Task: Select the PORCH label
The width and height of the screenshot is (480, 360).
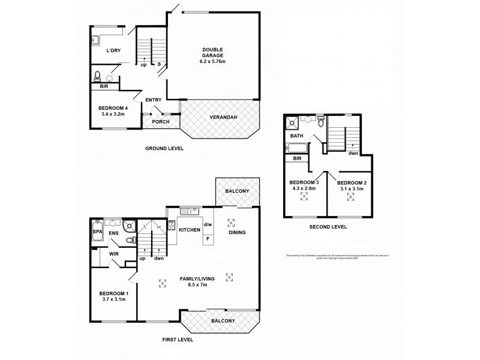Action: (160, 122)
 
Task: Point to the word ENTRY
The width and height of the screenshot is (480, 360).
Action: (153, 100)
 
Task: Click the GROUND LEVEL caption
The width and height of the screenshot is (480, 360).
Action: (164, 148)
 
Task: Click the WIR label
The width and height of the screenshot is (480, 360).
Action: (113, 254)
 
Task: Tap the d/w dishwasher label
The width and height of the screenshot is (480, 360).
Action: (208, 225)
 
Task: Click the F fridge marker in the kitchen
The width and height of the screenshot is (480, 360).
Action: (208, 238)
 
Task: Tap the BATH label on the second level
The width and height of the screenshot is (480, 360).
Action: (298, 136)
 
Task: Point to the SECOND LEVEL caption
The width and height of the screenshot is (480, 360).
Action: (328, 227)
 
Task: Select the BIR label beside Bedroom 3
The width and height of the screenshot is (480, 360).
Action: (297, 158)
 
